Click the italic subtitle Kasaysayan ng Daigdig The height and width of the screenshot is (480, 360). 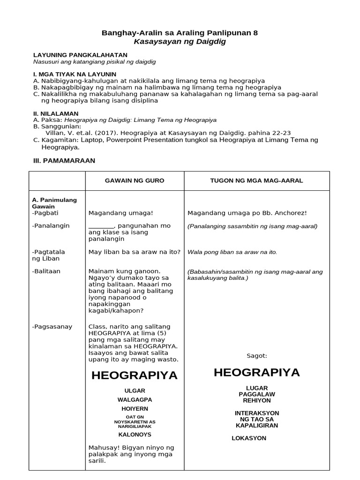(x=180, y=42)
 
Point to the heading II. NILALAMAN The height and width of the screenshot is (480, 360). (x=56, y=113)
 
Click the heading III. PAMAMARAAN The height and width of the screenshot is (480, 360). (x=64, y=160)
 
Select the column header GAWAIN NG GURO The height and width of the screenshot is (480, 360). (x=134, y=181)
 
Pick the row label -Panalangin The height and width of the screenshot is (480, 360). (x=51, y=225)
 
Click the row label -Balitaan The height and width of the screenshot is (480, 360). (x=46, y=271)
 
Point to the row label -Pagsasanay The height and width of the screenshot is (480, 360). (x=52, y=327)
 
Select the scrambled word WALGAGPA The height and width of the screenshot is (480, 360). (x=135, y=400)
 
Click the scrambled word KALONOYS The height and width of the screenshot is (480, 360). (x=135, y=435)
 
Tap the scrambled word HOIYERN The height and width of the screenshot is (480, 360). (x=135, y=409)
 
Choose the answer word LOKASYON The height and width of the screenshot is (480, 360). (x=249, y=438)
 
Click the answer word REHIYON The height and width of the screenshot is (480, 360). (x=256, y=401)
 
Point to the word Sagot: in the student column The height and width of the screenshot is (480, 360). (x=256, y=356)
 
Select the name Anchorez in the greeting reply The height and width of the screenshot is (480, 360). (x=289, y=213)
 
